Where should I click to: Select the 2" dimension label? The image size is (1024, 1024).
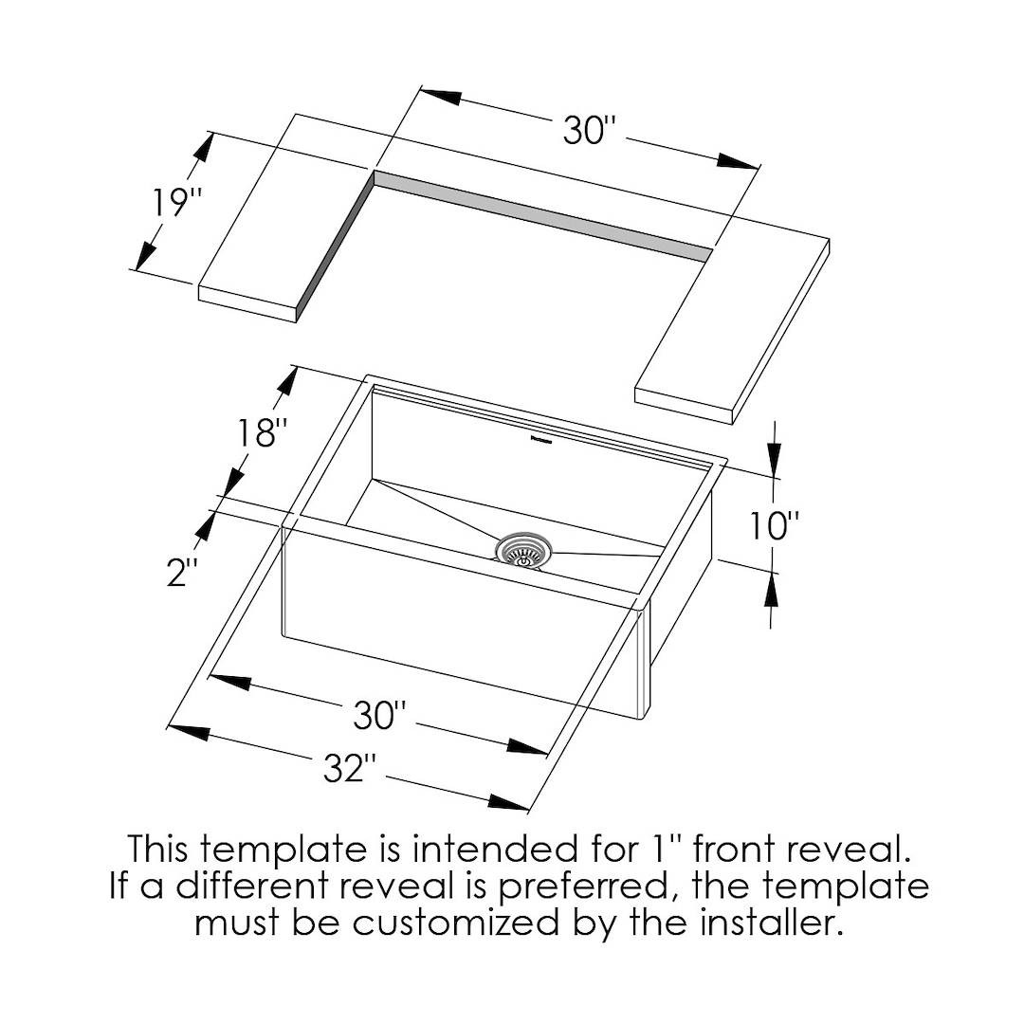[181, 572]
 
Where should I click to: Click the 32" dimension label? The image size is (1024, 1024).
[350, 768]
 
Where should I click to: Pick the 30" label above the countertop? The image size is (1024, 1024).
[590, 131]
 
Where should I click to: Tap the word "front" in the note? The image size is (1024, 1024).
[733, 850]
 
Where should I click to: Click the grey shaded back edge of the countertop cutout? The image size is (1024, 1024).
[542, 216]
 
